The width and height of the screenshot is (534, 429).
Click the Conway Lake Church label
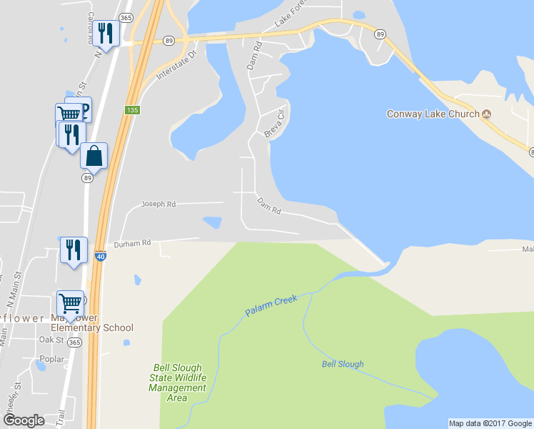pos(433,114)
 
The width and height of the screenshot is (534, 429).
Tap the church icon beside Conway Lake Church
pos(487,114)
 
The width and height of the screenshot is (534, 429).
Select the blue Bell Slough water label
pos(342,364)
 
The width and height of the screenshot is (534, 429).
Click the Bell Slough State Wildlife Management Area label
pos(178,383)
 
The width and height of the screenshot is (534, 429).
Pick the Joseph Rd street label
pos(158,204)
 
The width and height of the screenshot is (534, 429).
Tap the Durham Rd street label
pos(133,243)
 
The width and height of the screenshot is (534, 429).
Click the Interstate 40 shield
pos(101,256)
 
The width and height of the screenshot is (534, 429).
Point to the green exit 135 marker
pos(131,110)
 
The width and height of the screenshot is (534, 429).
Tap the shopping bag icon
pos(94,154)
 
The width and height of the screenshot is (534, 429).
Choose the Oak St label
pos(52,340)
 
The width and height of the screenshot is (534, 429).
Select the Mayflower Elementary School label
pos(91,323)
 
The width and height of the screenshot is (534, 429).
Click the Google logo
pos(24,420)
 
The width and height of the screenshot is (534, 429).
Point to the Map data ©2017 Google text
pos(490,423)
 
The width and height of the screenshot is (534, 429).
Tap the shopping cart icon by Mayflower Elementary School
pos(71,303)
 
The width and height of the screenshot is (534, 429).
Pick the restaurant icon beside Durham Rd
pos(74,250)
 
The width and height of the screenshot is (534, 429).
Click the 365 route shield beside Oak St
pos(74,342)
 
